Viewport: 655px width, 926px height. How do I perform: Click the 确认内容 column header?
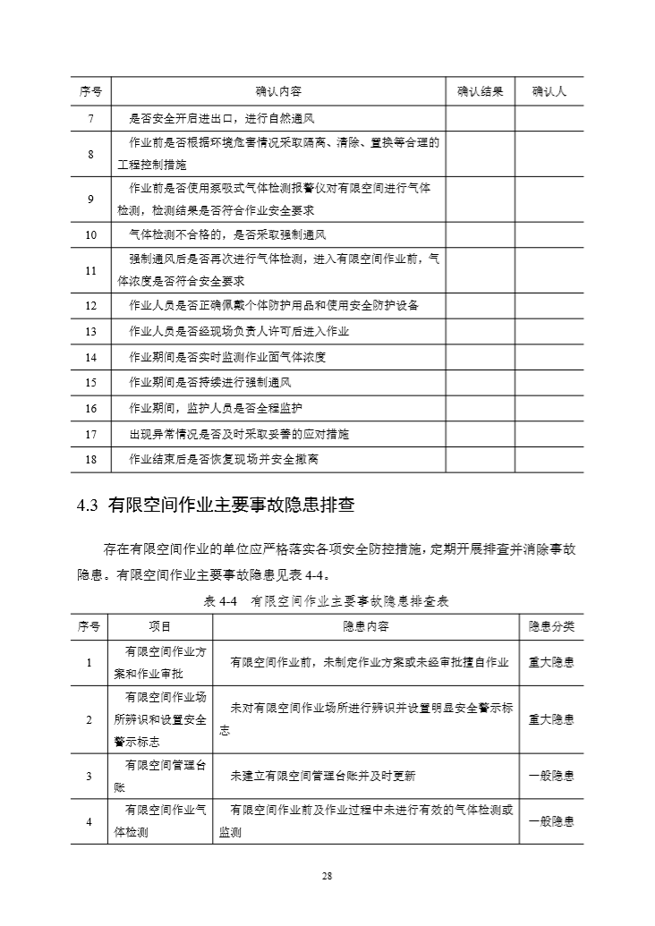277,91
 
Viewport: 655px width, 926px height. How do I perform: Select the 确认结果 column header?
480,91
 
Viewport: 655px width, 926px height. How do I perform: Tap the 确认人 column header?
549,91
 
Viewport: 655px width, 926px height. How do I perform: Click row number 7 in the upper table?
90,118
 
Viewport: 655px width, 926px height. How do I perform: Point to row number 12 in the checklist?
90,306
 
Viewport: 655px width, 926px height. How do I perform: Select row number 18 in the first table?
90,459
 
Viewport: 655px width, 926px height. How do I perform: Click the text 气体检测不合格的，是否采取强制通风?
227,235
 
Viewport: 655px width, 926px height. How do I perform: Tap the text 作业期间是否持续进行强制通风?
210,383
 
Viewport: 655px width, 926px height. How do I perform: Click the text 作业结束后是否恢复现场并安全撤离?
224,459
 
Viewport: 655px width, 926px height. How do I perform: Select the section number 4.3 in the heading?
87,505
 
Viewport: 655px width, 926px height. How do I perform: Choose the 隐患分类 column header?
551,626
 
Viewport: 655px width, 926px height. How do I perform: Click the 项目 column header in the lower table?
159,626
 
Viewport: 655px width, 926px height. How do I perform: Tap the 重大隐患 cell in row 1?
551,662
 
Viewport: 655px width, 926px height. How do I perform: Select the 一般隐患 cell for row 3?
551,776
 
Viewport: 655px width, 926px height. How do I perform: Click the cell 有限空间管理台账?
159,776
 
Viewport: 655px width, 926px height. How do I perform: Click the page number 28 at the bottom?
327,876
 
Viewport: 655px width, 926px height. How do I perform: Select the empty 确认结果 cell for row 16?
480,408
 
